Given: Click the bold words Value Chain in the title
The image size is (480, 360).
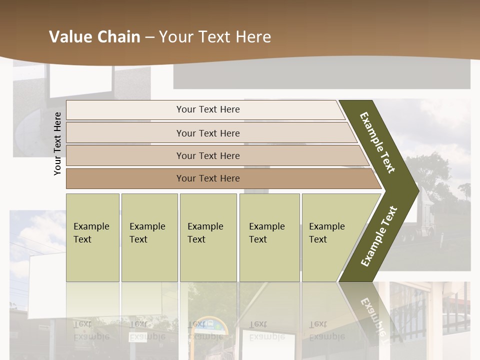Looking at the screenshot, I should coord(94,37).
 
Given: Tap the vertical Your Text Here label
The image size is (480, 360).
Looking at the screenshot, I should coord(58,143).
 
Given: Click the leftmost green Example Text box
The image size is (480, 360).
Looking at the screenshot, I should coord(92,237).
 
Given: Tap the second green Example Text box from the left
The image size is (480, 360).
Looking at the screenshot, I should coord(149,237).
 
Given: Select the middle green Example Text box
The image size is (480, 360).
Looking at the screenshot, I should coord(208,237).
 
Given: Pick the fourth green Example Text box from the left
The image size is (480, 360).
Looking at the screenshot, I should coord(269,237).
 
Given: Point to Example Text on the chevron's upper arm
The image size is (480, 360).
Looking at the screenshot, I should coord(377,142).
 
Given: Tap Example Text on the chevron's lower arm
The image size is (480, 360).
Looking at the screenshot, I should coord(379,236).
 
